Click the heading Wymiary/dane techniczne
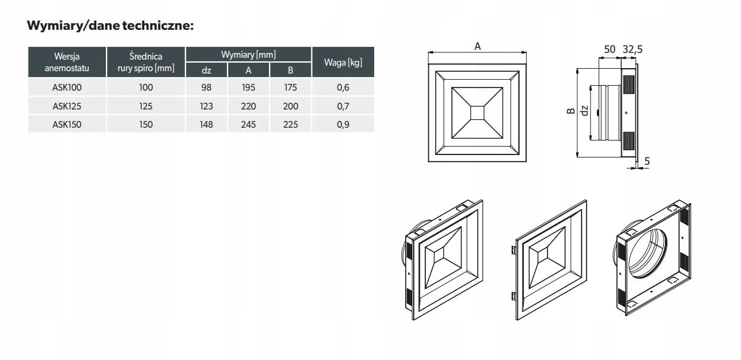pos(110,26)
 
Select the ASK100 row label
pos(67,88)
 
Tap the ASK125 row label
pos(67,106)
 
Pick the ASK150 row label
pos(67,124)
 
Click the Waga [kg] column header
pos(343,63)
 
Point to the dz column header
pos(206,70)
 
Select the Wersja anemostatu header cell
pos(67,62)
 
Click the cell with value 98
pos(206,88)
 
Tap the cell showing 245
pos(248,124)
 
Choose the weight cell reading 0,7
pos(343,106)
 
